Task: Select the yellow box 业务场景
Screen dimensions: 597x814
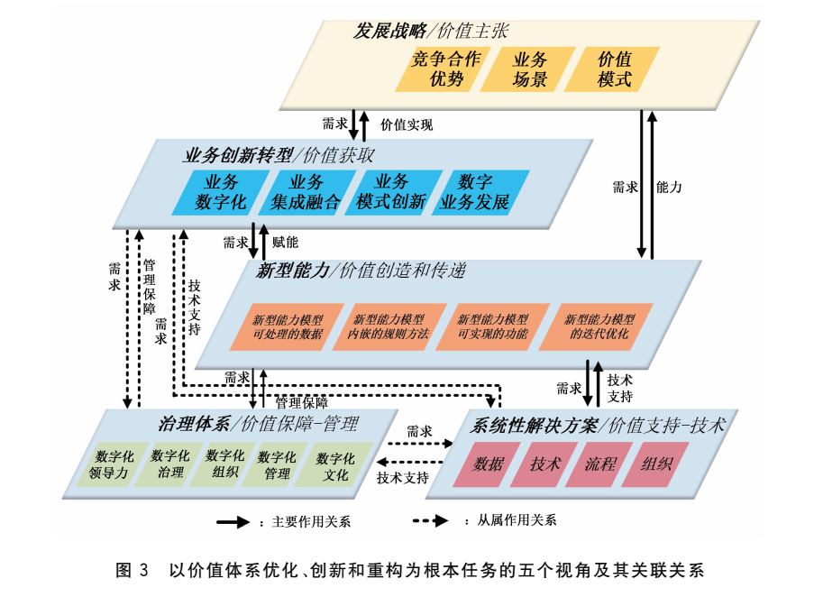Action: tap(530, 69)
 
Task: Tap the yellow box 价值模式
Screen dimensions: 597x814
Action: tap(615, 69)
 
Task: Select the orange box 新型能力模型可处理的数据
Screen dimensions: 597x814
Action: tap(287, 326)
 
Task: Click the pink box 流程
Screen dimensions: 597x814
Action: tap(599, 464)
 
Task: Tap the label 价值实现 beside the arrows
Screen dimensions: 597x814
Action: tap(407, 124)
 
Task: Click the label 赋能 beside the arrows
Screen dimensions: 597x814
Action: tap(285, 242)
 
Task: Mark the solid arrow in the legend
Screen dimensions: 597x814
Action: tap(232, 521)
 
